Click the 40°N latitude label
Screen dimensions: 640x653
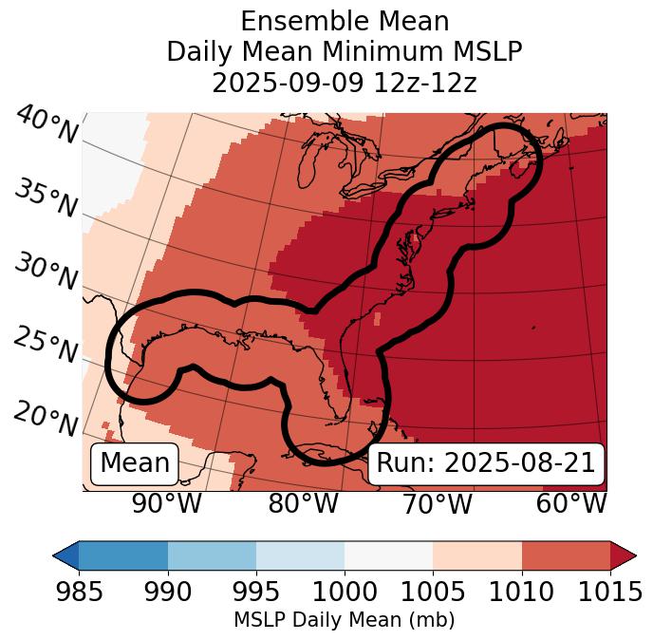47,125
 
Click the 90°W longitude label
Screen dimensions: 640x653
166,504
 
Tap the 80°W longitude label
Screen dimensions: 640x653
303,504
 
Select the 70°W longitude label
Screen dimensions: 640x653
437,504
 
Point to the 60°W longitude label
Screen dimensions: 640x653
570,504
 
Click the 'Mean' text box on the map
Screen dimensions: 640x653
135,463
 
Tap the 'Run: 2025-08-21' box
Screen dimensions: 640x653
486,463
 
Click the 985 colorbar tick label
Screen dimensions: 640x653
79,593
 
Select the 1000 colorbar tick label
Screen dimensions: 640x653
345,593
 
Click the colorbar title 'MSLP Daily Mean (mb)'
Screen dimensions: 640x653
345,621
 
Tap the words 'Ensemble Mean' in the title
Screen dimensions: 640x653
345,21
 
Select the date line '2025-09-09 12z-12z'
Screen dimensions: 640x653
345,83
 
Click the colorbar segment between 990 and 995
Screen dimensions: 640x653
212,555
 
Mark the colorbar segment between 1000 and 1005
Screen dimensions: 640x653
388,555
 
